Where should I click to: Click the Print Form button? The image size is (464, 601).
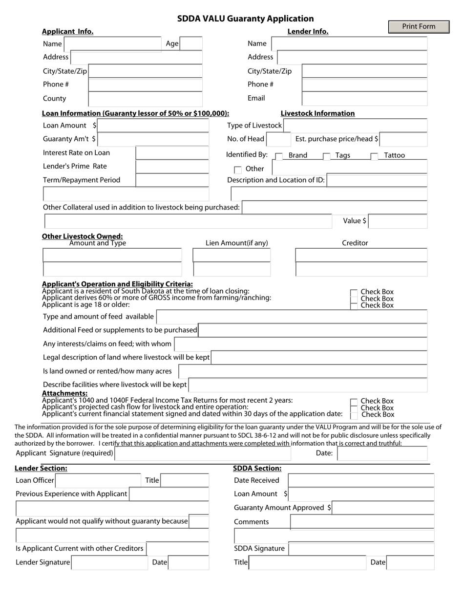pyautogui.click(x=419, y=27)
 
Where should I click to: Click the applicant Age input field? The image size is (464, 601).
pyautogui.click(x=191, y=43)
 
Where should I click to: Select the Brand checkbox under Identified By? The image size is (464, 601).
pyautogui.click(x=279, y=156)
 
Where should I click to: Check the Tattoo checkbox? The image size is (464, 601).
pyautogui.click(x=374, y=156)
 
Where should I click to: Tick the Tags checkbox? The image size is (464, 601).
pyautogui.click(x=326, y=156)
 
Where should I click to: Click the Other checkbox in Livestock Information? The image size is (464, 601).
pyautogui.click(x=238, y=170)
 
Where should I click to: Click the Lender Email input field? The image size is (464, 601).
pyautogui.click(x=364, y=98)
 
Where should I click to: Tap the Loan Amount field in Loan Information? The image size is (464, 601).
pyautogui.click(x=153, y=126)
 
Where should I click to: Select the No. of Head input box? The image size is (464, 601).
pyautogui.click(x=279, y=139)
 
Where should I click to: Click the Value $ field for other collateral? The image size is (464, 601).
pyautogui.click(x=398, y=221)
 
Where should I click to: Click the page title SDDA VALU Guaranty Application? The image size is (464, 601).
pyautogui.click(x=245, y=19)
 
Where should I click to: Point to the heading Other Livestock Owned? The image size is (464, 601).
pyautogui.click(x=82, y=236)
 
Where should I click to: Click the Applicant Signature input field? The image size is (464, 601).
pyautogui.click(x=202, y=453)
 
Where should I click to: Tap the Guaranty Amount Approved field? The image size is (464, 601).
pyautogui.click(x=383, y=508)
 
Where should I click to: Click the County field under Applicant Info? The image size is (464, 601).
pyautogui.click(x=145, y=99)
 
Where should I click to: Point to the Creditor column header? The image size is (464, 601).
pyautogui.click(x=355, y=243)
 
